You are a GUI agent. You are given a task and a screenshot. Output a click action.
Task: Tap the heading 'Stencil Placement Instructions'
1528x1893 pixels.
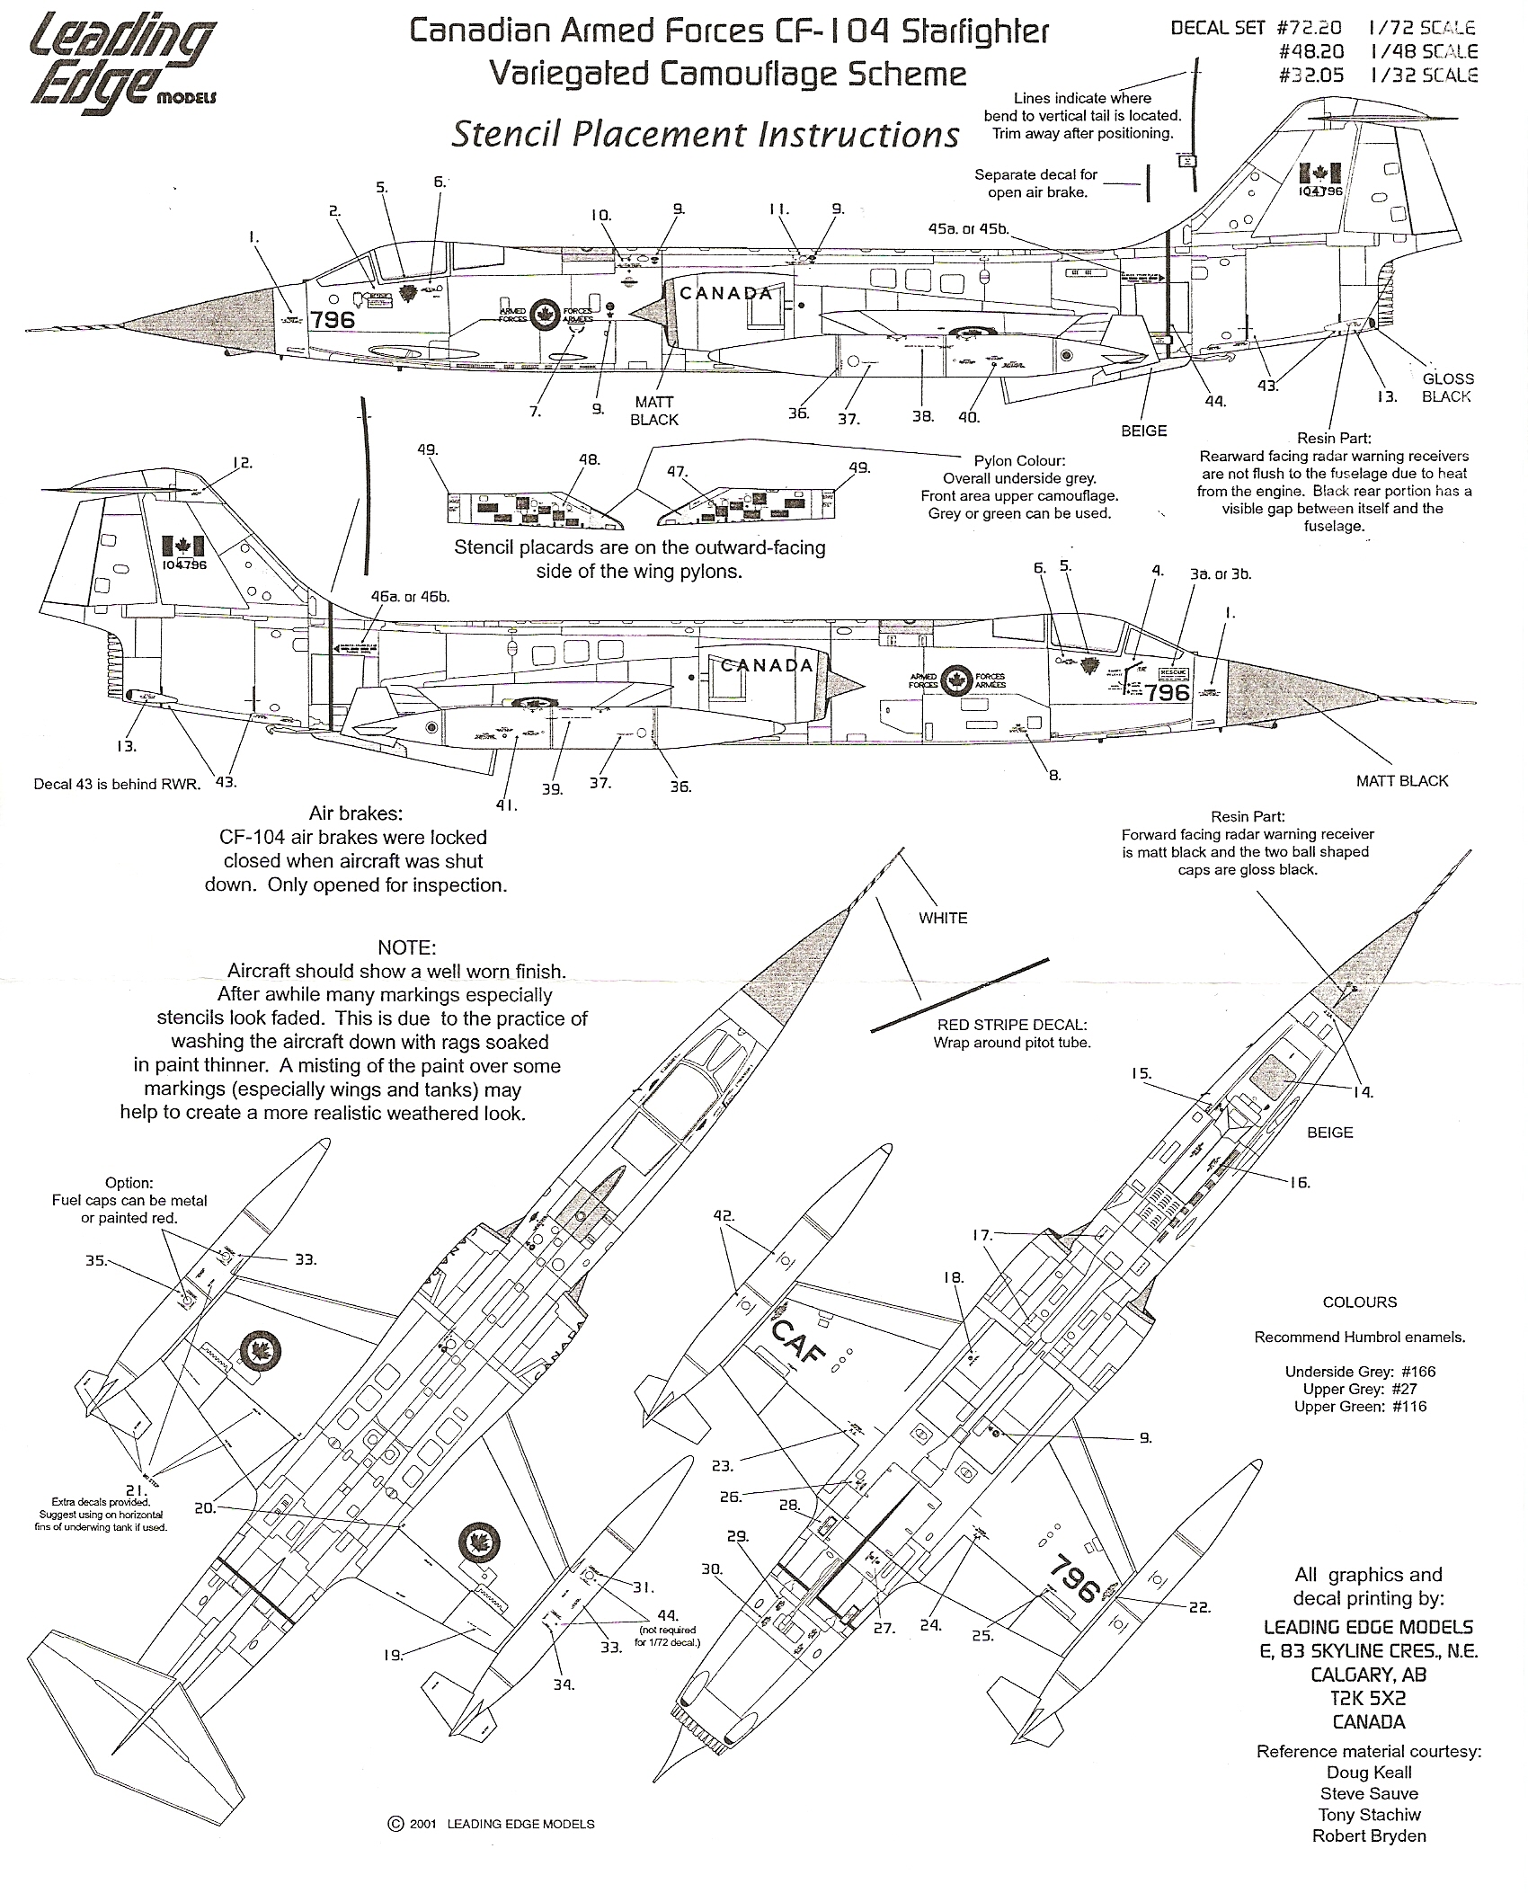pos(705,135)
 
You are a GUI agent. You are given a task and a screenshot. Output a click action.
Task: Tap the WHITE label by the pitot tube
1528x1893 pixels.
pos(943,918)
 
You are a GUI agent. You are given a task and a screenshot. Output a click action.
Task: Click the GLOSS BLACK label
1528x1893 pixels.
pos(1447,387)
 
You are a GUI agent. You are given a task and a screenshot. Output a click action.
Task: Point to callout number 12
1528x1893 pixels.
pos(242,463)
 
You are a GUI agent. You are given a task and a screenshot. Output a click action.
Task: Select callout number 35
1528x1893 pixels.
pos(95,1260)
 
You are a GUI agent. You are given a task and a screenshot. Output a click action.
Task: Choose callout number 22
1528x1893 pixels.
pos(1200,1607)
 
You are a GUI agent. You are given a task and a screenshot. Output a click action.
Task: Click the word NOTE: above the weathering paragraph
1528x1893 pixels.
pos(406,948)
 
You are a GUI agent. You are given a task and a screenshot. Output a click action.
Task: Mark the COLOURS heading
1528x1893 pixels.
pos(1359,1302)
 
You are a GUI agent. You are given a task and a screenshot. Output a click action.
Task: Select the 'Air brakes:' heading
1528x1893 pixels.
pos(355,813)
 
